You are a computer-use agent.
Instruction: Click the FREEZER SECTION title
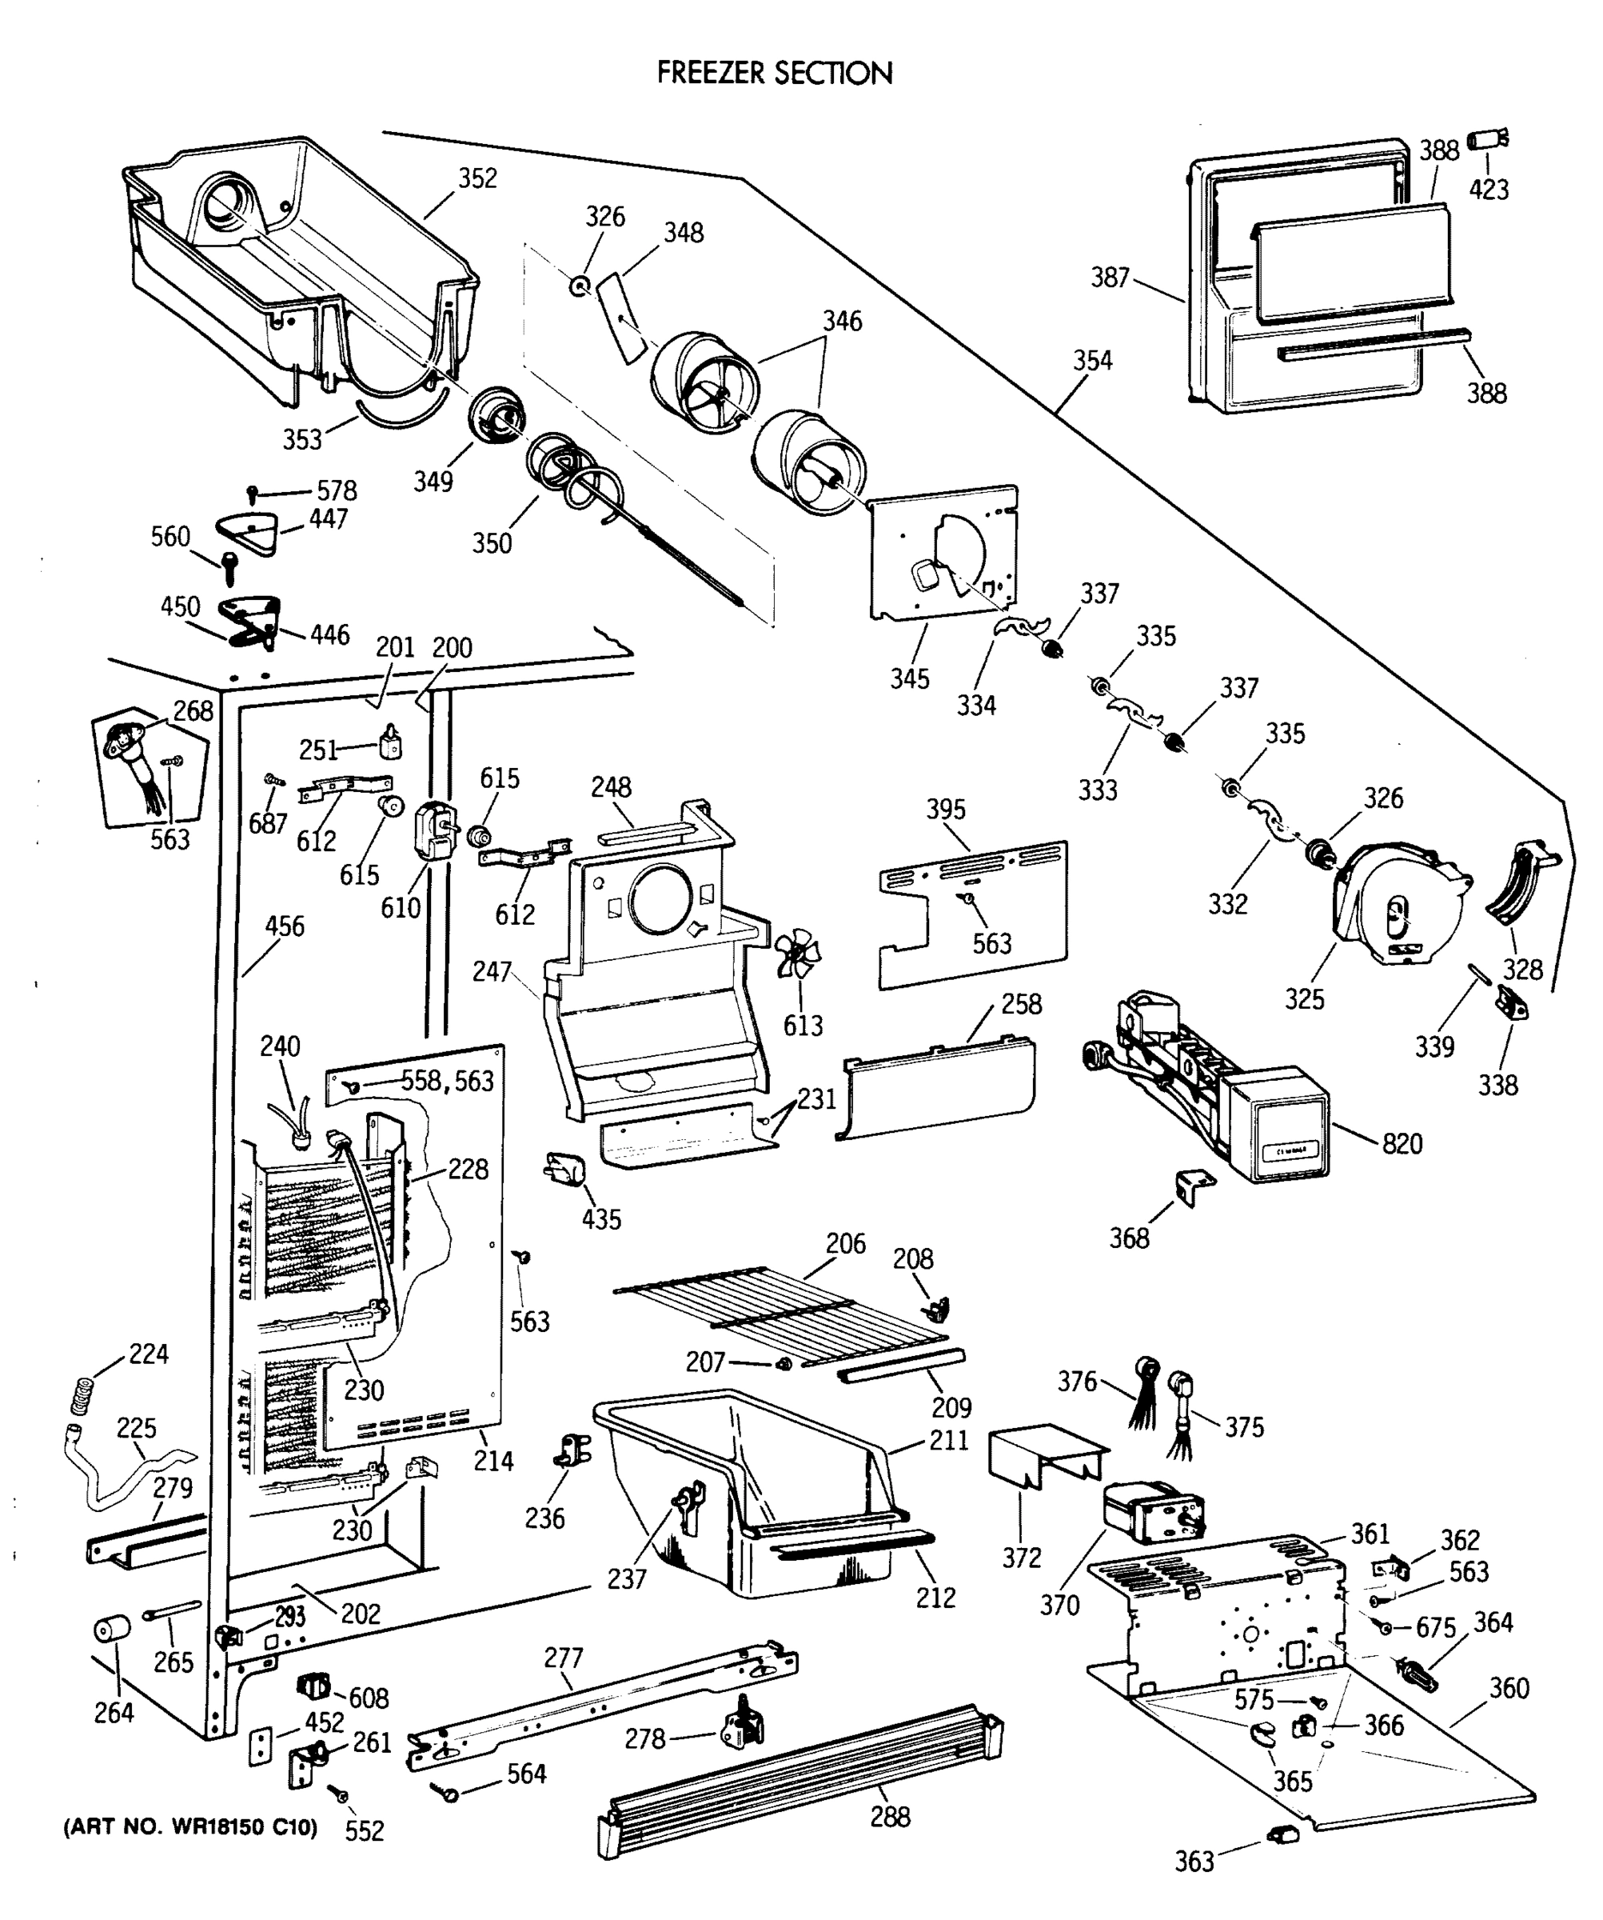pos(774,73)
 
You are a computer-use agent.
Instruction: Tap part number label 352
pos(477,178)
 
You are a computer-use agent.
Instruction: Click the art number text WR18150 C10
pos(190,1828)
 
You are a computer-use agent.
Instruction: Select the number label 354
pos(1092,360)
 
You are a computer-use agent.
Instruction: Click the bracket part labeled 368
pos(1194,1186)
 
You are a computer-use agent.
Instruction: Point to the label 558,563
pos(447,1082)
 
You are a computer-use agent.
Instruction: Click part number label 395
pos(945,809)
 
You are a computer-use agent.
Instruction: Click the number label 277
pos(563,1658)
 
